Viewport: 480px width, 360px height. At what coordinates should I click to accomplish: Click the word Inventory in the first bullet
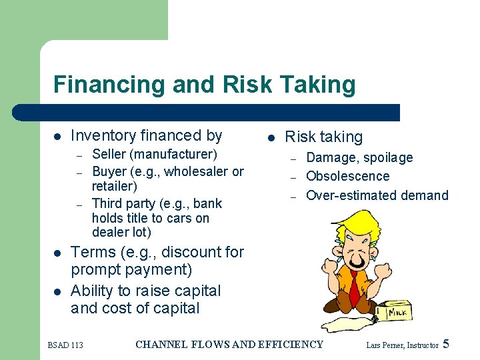(101, 136)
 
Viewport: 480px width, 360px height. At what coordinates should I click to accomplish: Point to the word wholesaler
(196, 171)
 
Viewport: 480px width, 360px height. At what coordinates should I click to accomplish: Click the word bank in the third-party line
(207, 203)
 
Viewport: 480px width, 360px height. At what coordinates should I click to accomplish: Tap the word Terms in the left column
(91, 252)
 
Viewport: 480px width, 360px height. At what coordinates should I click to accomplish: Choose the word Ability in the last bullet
(91, 291)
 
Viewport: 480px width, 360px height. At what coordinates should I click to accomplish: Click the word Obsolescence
(347, 177)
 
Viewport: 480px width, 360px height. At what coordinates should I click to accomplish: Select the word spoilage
(388, 158)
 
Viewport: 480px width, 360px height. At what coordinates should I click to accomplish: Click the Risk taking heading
(323, 137)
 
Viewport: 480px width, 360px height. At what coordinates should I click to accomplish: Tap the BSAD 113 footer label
(65, 345)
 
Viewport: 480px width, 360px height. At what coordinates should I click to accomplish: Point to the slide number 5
(446, 345)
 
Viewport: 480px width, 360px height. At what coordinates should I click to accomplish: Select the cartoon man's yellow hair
(346, 223)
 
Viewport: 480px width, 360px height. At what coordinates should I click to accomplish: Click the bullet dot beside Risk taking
(271, 138)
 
